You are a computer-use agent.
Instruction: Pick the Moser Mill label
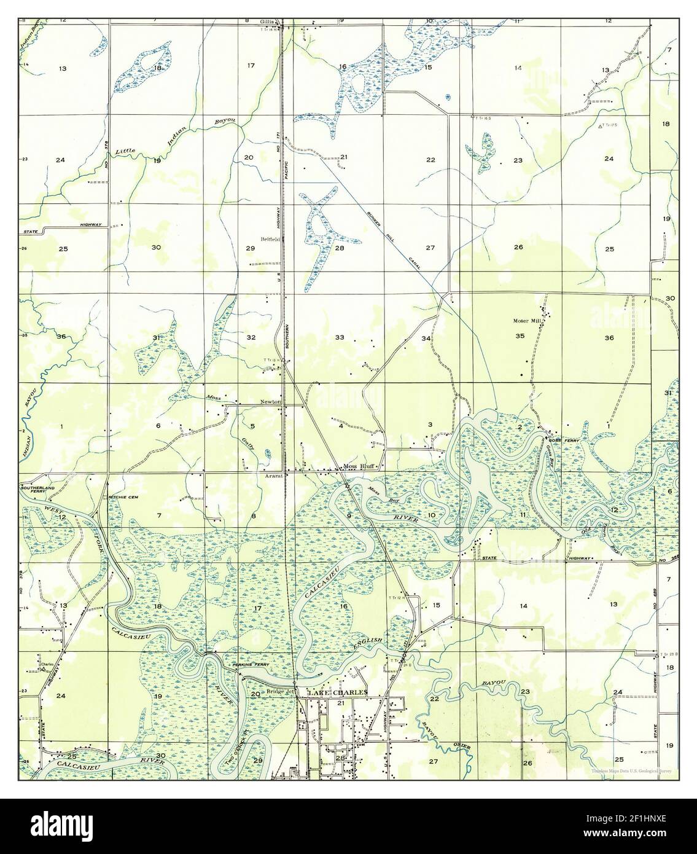[x=527, y=321]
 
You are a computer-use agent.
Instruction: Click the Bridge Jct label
[x=281, y=692]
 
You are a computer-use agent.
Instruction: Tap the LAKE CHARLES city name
[x=338, y=692]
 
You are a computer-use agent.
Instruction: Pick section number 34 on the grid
[x=426, y=338]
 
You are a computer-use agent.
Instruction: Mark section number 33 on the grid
[x=340, y=338]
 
